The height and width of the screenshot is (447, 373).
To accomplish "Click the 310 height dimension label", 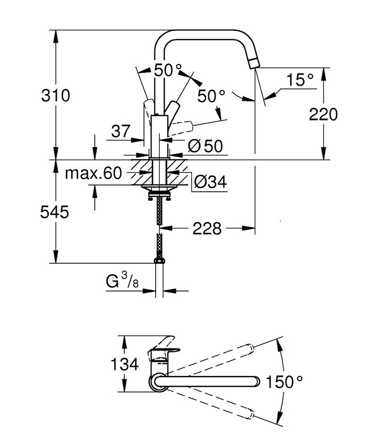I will (x=55, y=96).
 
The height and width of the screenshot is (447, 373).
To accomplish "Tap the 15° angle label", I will (x=301, y=80).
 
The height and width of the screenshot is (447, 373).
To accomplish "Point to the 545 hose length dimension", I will (x=55, y=213).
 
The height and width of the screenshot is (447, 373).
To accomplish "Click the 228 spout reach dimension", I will (x=206, y=229).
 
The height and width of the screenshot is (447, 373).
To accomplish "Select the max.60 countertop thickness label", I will (x=93, y=173).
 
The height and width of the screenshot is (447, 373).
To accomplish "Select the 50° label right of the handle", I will (x=211, y=96).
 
